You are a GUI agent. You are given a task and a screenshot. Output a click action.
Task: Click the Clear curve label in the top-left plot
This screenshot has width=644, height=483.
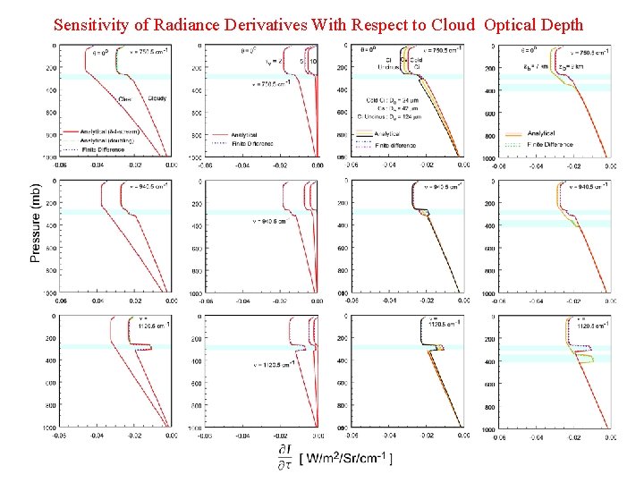[x=124, y=99]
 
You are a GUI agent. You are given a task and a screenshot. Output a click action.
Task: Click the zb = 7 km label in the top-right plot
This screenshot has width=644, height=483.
[x=534, y=65]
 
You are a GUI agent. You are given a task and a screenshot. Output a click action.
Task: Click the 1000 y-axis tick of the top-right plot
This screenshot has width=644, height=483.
[x=487, y=158]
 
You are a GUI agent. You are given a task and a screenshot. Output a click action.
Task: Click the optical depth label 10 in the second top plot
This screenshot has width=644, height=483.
[x=314, y=61]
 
